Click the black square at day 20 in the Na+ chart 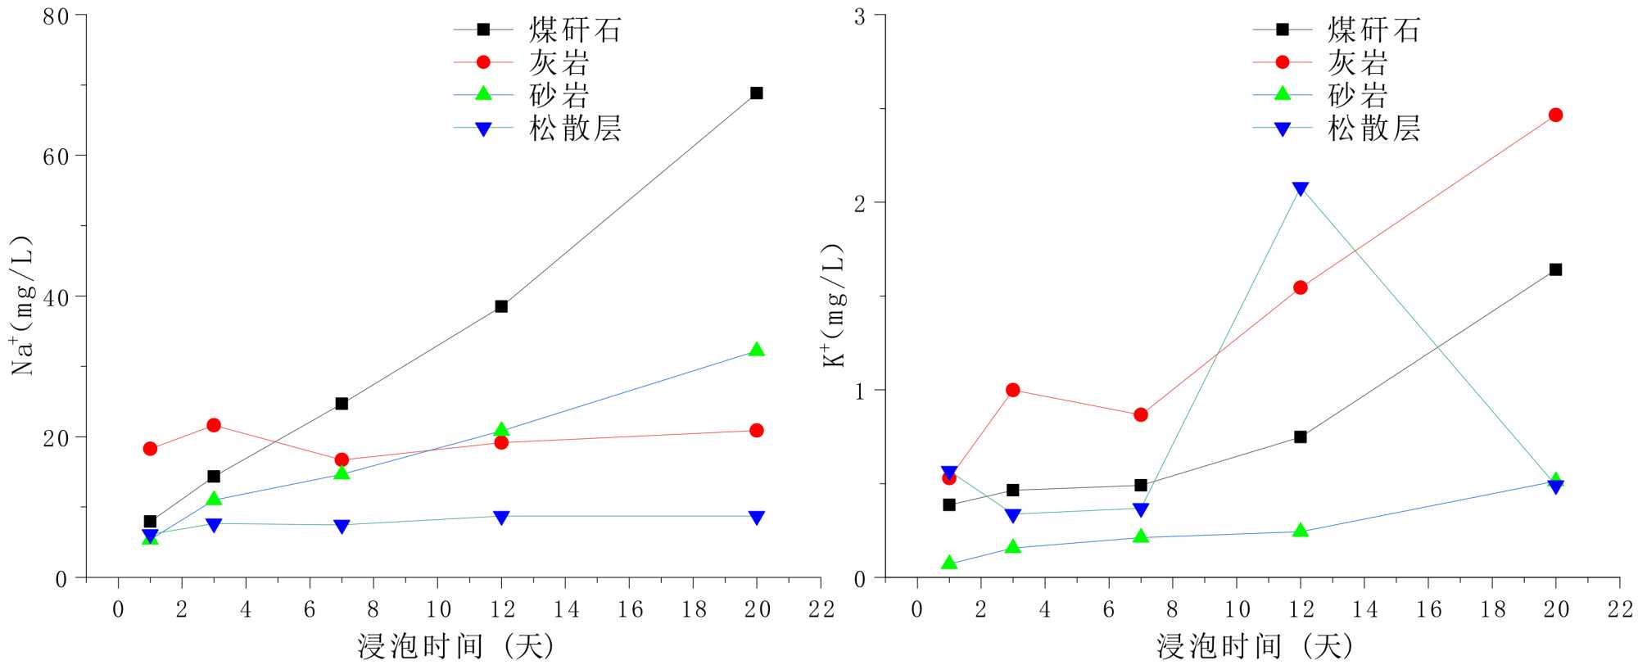[756, 93]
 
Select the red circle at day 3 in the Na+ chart [214, 425]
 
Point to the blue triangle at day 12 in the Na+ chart [501, 517]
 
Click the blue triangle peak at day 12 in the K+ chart [1300, 189]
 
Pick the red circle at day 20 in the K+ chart [1555, 115]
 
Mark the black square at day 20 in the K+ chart [1555, 269]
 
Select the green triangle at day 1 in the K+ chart [949, 563]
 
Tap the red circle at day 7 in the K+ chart [1141, 415]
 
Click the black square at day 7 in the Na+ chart [342, 404]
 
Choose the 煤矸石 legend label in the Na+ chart [575, 30]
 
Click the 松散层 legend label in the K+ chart [1373, 129]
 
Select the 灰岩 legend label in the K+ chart [1357, 63]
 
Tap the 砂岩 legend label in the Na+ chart [559, 96]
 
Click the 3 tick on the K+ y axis [859, 16]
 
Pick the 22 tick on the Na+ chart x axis [820, 609]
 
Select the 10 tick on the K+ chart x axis [1237, 609]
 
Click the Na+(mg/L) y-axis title [23, 305]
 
